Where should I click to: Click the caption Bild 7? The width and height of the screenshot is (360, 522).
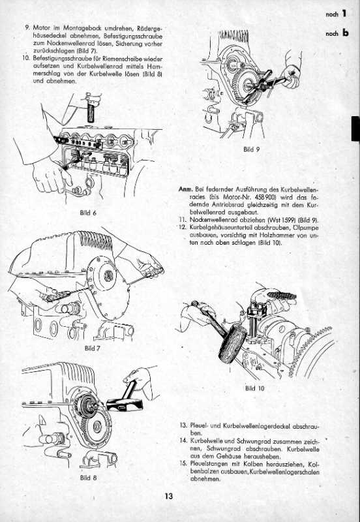(x=93, y=348)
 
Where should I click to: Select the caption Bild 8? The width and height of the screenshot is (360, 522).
(x=87, y=478)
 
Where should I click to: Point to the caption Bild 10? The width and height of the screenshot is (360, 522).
(x=254, y=388)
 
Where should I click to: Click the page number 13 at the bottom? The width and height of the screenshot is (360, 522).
(x=169, y=497)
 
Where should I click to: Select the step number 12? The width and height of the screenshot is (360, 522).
(x=183, y=226)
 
